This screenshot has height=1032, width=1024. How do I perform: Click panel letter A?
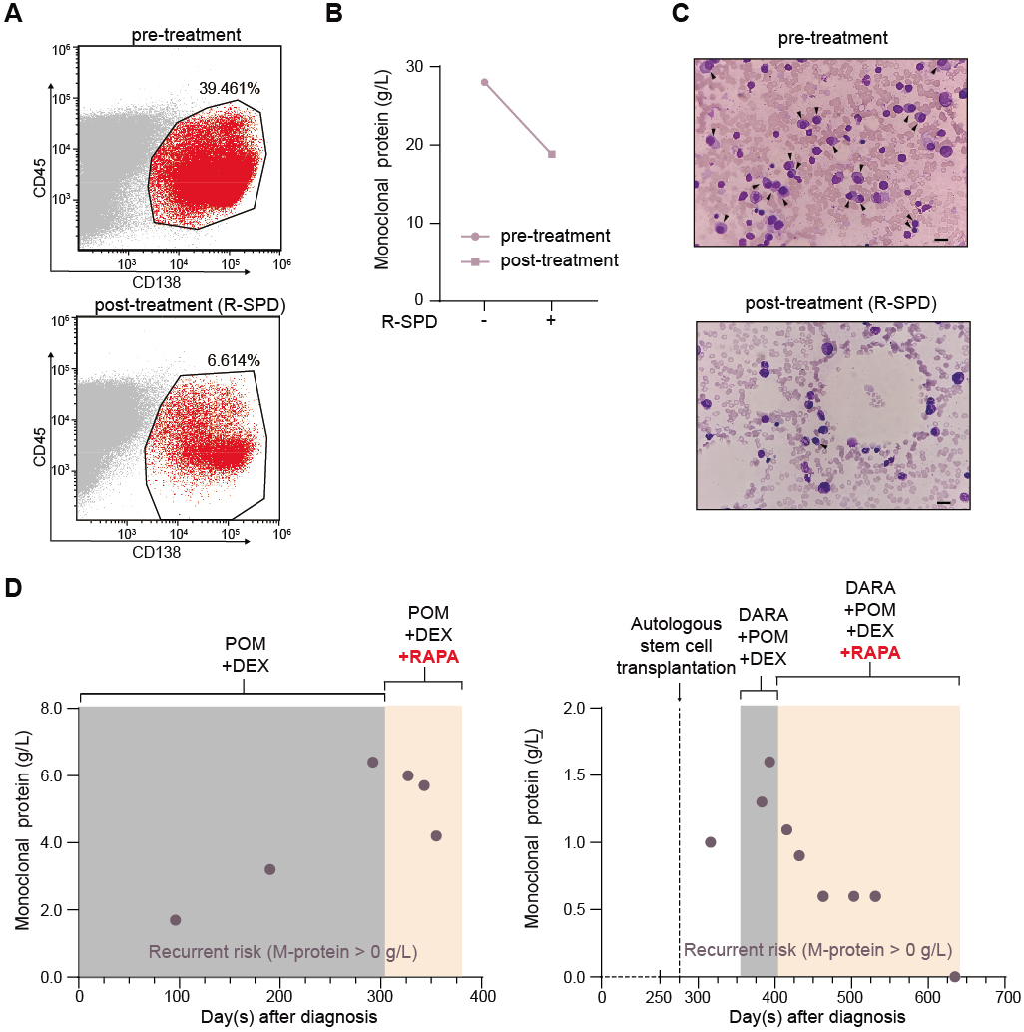(16, 16)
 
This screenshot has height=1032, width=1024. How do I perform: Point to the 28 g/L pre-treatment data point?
(485, 82)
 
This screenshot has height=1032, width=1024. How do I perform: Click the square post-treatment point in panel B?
(552, 154)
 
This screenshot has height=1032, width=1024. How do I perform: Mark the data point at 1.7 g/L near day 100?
(176, 920)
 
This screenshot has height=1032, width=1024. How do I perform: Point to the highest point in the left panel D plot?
(372, 762)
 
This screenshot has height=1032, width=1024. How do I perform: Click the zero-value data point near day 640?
(954, 976)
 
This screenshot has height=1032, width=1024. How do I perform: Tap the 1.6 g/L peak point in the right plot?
(769, 762)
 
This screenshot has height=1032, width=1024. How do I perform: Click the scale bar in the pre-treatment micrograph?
(941, 240)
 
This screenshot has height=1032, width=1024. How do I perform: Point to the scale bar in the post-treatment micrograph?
(944, 504)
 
